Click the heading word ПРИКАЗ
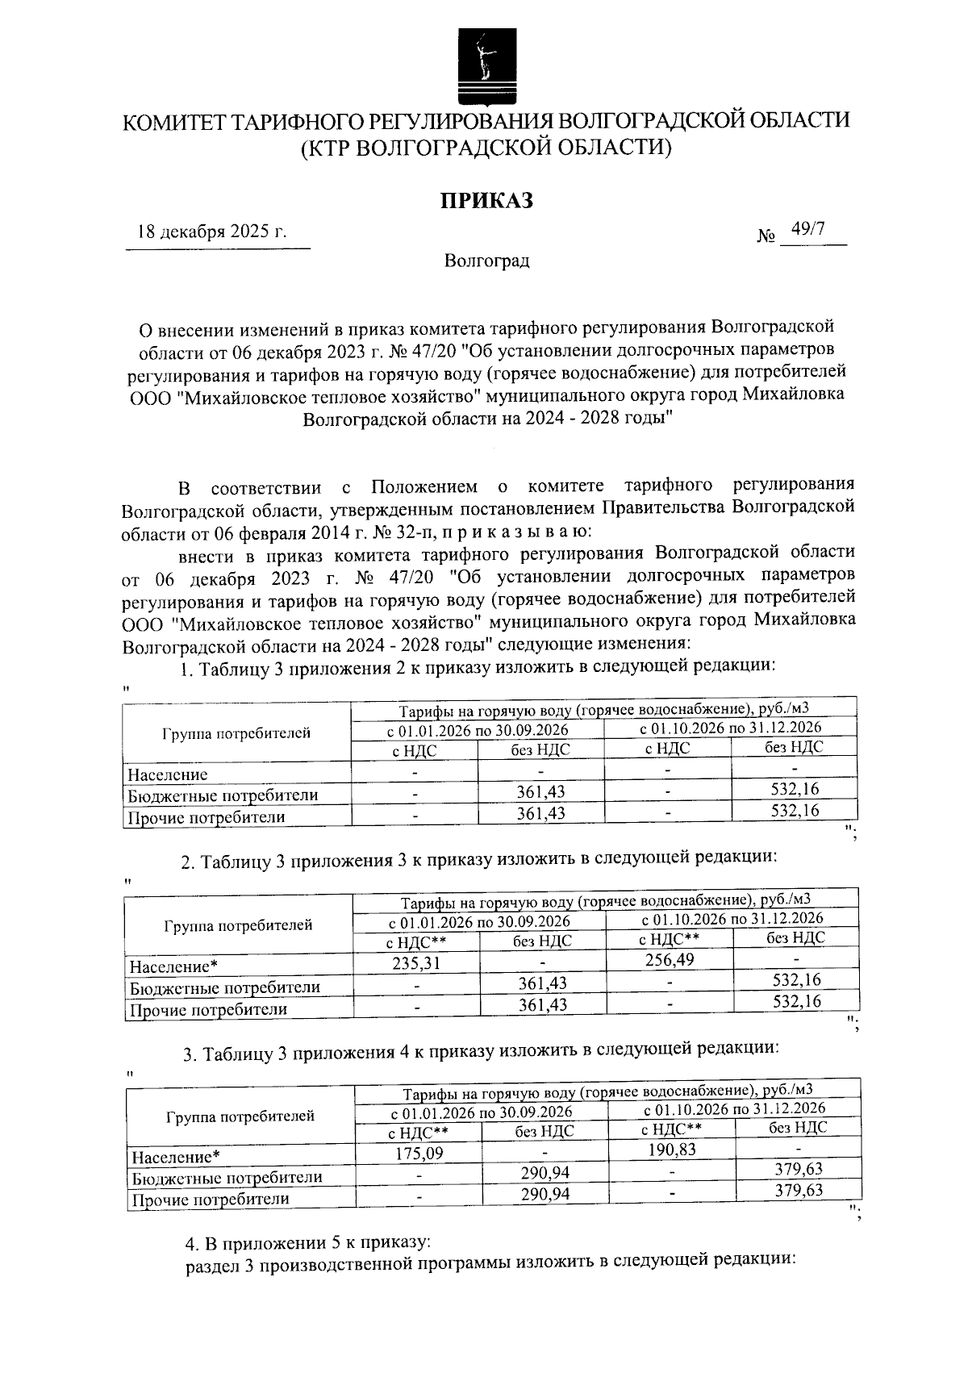click(x=486, y=200)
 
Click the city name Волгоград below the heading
click(x=486, y=261)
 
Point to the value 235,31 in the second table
click(x=416, y=962)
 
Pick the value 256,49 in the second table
click(x=669, y=959)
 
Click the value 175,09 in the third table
click(x=419, y=1154)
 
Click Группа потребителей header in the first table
click(x=236, y=733)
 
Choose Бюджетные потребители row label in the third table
click(x=227, y=1177)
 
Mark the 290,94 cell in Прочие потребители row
click(x=545, y=1194)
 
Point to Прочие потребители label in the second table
click(x=209, y=1009)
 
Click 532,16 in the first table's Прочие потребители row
click(x=795, y=811)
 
